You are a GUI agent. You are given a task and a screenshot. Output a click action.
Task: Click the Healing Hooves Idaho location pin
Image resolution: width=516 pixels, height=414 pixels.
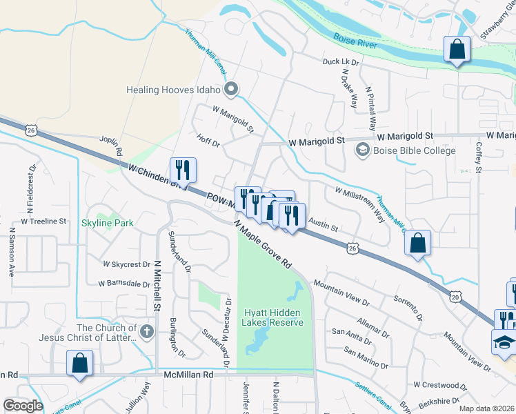[x=231, y=90]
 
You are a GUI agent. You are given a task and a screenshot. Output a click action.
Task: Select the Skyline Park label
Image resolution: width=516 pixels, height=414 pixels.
[x=108, y=223]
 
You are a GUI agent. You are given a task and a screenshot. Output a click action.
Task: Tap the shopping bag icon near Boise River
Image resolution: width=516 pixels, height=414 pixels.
[x=457, y=50]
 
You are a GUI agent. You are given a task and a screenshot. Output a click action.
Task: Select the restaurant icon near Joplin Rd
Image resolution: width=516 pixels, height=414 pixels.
[x=183, y=170]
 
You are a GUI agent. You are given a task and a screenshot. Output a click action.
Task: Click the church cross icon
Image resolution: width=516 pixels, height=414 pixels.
[x=146, y=333]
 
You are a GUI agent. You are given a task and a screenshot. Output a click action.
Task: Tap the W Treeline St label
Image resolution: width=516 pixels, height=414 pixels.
[x=43, y=221]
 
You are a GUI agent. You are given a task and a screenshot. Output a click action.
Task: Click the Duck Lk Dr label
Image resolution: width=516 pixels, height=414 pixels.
[x=341, y=62]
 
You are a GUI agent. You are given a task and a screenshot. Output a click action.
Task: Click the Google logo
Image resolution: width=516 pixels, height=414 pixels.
[x=23, y=406]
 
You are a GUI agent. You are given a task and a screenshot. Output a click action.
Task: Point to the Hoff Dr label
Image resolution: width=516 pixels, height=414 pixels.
[x=208, y=144]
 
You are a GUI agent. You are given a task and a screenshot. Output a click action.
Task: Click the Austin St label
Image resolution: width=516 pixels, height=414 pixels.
[x=322, y=226]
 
